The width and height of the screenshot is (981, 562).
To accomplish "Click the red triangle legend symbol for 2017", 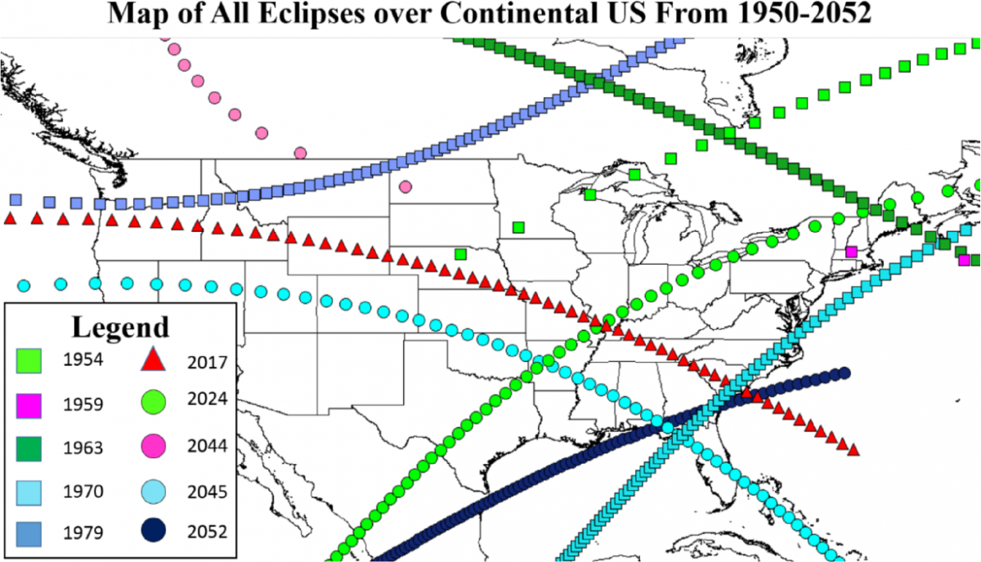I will coord(154,359).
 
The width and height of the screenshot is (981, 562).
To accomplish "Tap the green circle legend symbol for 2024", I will coord(154,402).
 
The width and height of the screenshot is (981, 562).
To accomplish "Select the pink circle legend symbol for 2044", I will coord(154,446).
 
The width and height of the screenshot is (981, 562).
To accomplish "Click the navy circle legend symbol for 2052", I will coord(154,533).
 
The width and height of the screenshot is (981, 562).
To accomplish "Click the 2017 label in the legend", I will coord(206,363).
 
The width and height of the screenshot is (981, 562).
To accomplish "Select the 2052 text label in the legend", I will coord(206,533).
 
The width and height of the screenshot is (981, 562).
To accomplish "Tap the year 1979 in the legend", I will coord(83,533).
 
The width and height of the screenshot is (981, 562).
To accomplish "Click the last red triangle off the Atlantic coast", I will coord(853,450).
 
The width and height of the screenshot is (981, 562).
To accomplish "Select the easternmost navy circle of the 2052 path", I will coord(844,373).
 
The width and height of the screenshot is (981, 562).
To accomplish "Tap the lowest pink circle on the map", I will coord(405,186).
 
